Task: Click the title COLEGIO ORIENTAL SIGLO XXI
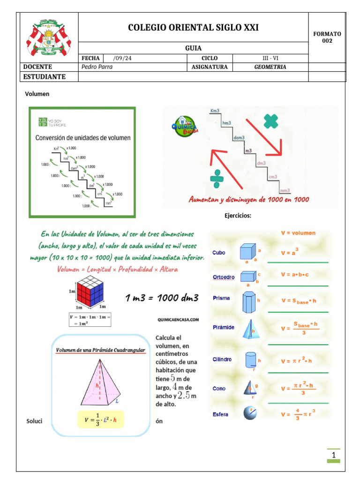[193, 28]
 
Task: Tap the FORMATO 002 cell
[327, 37]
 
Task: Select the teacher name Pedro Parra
[97, 67]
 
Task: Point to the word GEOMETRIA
[270, 67]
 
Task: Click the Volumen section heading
[37, 94]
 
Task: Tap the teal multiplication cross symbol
[270, 121]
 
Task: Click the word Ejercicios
[238, 216]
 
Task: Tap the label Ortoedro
[223, 277]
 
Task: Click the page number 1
[333, 455]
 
